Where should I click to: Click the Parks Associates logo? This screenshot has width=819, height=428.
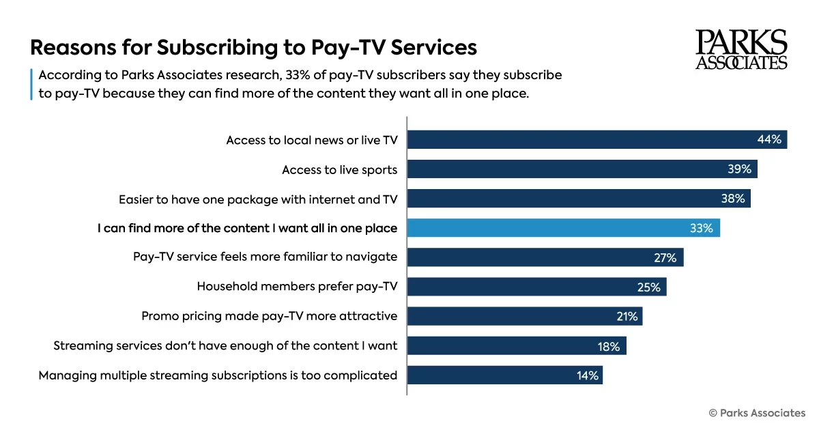[741, 49]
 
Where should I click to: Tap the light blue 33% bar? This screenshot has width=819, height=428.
[563, 228]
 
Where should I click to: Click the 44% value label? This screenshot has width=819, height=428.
[769, 139]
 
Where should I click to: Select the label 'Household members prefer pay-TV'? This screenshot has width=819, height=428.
[297, 287]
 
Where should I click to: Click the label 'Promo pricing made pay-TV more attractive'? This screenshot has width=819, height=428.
[269, 316]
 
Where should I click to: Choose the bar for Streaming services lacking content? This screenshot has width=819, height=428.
[516, 346]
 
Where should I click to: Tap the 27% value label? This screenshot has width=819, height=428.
[665, 258]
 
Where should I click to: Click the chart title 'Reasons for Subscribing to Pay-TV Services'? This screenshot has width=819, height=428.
[253, 48]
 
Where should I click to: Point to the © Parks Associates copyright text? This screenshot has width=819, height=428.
[757, 412]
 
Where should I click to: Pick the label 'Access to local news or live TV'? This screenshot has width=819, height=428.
[312, 140]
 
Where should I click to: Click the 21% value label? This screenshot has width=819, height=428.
[626, 317]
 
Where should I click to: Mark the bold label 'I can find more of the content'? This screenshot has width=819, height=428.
[247, 228]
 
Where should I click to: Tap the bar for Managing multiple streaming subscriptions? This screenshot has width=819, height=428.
[504, 375]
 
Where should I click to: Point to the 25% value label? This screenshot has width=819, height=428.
[649, 287]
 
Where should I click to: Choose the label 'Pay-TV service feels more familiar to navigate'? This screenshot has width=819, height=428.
[265, 257]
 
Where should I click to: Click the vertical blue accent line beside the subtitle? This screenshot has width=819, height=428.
[31, 84]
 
